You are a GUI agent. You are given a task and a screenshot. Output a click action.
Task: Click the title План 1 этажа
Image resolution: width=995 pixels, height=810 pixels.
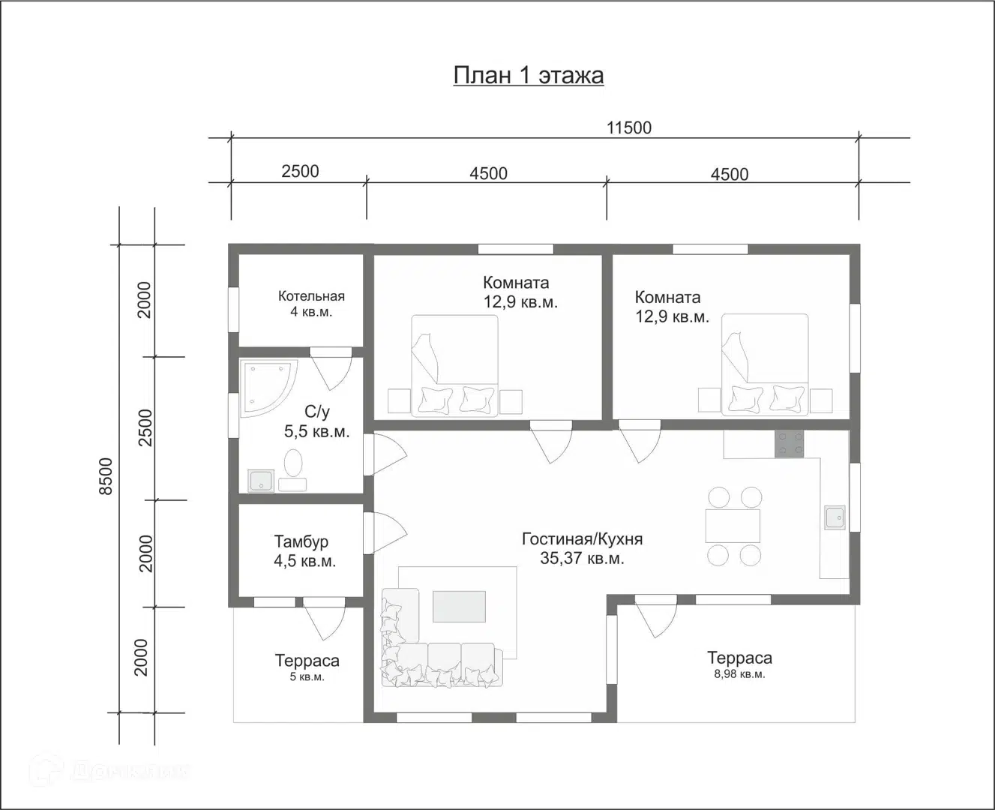coord(529,75)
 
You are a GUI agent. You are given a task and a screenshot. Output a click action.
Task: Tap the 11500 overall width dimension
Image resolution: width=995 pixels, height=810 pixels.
coord(629,127)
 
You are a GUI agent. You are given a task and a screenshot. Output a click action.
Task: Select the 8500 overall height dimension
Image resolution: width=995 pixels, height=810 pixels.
coord(106,476)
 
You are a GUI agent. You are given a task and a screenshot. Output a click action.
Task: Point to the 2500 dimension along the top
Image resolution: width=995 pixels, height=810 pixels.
coord(300,172)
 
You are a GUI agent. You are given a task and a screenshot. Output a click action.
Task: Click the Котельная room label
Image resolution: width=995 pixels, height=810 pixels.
coord(311,295)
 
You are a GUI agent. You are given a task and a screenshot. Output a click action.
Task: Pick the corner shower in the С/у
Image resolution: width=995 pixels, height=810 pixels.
coord(268,388)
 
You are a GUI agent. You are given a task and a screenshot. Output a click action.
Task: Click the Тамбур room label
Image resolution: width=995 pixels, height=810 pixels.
coord(301,541)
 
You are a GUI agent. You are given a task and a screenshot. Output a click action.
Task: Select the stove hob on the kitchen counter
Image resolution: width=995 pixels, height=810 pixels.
coord(789,444)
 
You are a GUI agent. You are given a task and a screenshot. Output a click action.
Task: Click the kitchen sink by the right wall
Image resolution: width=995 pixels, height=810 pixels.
coord(835,517)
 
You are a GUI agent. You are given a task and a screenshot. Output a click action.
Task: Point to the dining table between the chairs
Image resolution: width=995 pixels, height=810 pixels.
coord(733,526)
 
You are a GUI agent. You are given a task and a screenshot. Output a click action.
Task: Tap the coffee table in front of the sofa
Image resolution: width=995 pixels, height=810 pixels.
coord(459,606)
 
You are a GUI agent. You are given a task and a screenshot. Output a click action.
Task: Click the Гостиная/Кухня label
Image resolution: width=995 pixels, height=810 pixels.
coord(582,539)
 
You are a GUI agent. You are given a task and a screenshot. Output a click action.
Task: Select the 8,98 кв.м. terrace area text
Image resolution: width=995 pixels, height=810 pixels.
coord(739,674)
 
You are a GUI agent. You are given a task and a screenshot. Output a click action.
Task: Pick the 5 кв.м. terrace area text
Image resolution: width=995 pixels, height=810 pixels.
coord(307,676)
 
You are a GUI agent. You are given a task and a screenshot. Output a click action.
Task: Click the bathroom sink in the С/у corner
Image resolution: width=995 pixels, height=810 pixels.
coord(261,481)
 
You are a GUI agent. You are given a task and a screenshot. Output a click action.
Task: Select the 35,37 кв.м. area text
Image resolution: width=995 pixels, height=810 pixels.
coord(582,558)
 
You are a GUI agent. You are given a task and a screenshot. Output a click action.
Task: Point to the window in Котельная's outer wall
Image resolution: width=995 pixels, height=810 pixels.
coord(233,310)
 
